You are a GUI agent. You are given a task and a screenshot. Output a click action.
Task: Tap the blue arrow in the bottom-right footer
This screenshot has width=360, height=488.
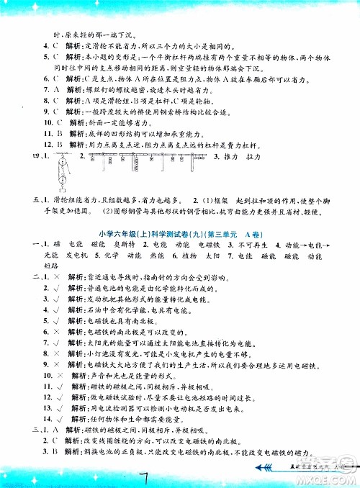(x=266, y=470)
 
